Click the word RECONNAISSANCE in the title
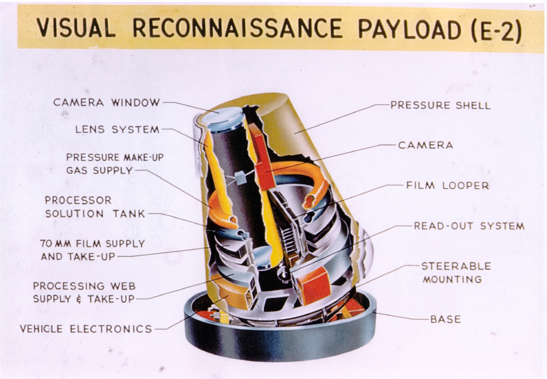[x=237, y=29]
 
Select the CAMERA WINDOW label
[x=107, y=102]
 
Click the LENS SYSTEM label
[x=117, y=129]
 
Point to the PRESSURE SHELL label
[x=440, y=105]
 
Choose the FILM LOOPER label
[x=447, y=185]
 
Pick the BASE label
[x=445, y=319]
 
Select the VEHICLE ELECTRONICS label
[x=86, y=328]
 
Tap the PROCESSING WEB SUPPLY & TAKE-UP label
[x=84, y=292]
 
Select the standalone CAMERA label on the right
[x=425, y=145]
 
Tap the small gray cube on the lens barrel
[x=241, y=179]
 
